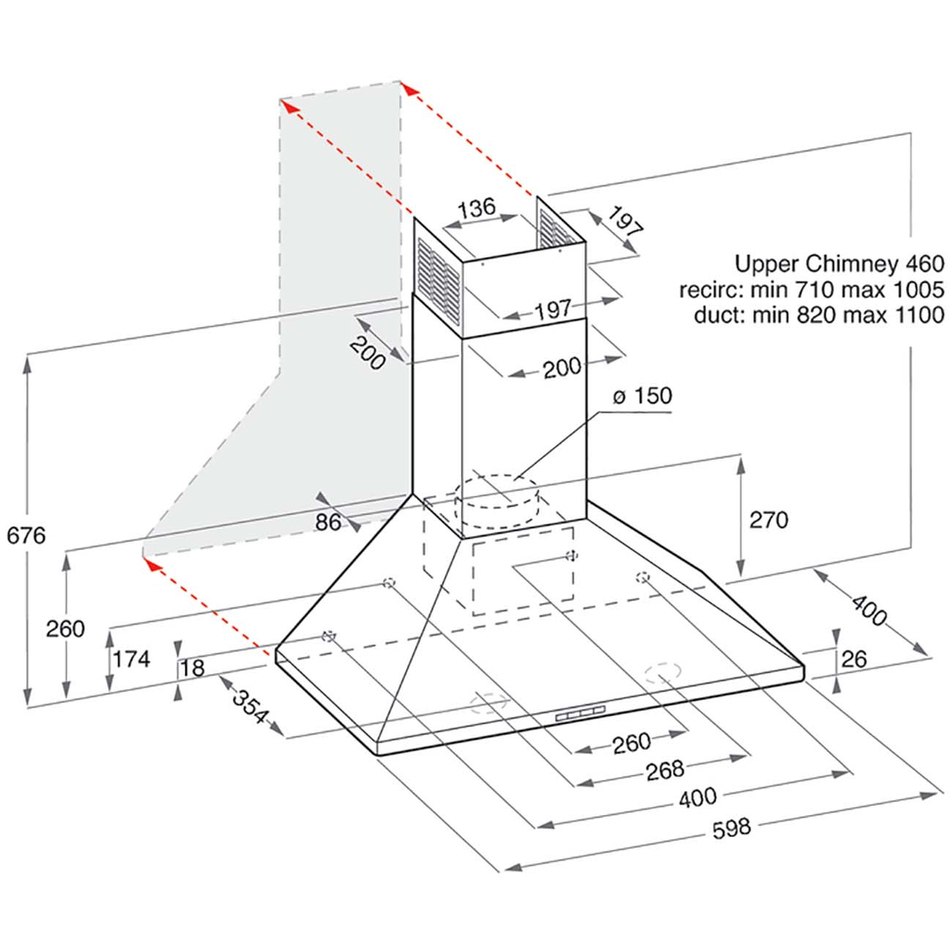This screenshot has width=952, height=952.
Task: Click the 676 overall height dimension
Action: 26,535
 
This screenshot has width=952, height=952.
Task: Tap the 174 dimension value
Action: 132,659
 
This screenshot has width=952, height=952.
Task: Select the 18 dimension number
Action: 192,668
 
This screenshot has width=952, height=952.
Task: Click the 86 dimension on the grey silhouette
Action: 327,522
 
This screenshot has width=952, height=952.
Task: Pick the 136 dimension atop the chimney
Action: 477,207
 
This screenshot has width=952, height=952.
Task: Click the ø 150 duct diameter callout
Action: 642,396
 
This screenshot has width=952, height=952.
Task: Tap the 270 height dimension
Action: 768,520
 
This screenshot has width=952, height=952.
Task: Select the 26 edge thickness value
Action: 853,659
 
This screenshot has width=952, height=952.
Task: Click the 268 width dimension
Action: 665,770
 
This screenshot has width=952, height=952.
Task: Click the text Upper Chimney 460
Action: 840,263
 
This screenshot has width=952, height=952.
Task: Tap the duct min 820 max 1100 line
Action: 818,316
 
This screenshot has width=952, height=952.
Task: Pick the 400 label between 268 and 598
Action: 697,798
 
